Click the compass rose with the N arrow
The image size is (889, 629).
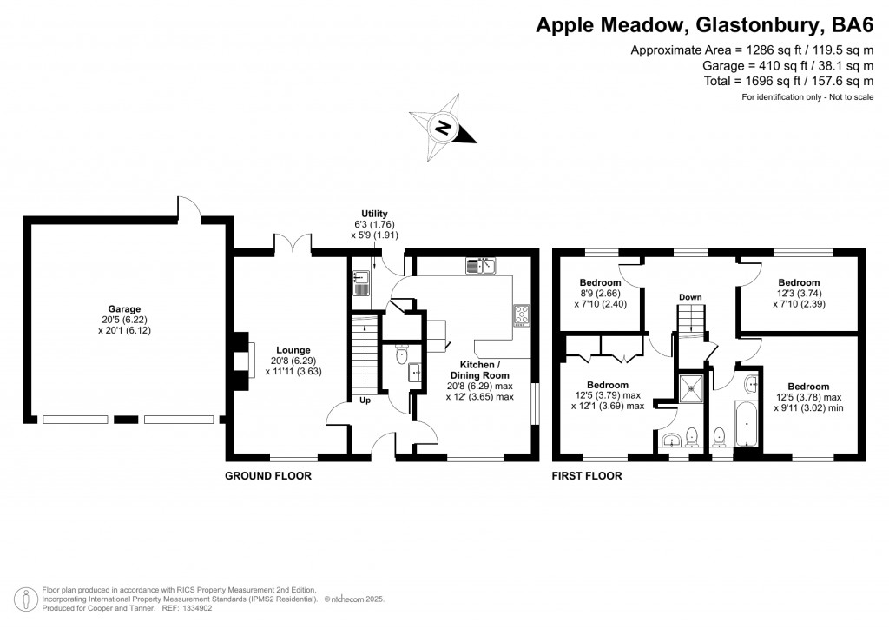point(444,129)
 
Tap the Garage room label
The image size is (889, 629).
point(124,308)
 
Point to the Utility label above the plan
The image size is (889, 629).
point(375,214)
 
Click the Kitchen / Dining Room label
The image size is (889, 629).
point(480,372)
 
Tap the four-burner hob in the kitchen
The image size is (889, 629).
point(523,314)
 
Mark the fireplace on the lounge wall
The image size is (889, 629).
point(244,357)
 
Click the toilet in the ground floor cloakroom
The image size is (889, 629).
point(400,355)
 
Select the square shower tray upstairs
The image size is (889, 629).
point(693,388)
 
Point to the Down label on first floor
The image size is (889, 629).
point(690,297)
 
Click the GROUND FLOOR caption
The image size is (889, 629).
point(267,475)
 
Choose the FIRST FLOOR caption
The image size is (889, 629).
point(587,475)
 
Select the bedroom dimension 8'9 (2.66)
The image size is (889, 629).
point(601,294)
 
